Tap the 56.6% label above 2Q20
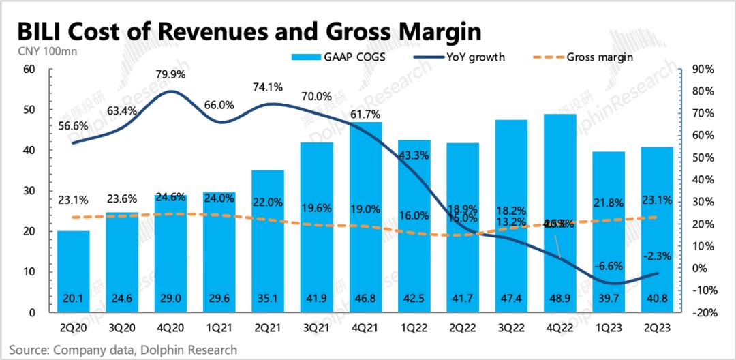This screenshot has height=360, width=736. click(72, 125)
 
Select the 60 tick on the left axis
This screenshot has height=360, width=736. click(29, 70)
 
